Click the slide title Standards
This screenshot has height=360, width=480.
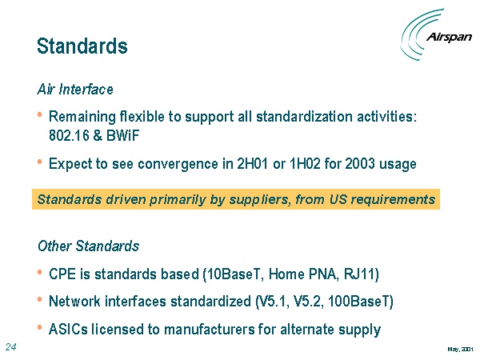[82, 46]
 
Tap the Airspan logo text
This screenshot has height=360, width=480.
[449, 37]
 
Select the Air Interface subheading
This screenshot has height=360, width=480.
[75, 90]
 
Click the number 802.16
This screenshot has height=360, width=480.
[69, 135]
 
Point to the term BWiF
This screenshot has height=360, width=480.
[122, 135]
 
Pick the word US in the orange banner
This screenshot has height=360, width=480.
[338, 199]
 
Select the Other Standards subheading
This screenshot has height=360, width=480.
[89, 246]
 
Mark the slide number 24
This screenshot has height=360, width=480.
[10, 347]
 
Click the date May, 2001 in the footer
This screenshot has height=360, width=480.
[461, 349]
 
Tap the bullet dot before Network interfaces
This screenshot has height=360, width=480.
[39, 300]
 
